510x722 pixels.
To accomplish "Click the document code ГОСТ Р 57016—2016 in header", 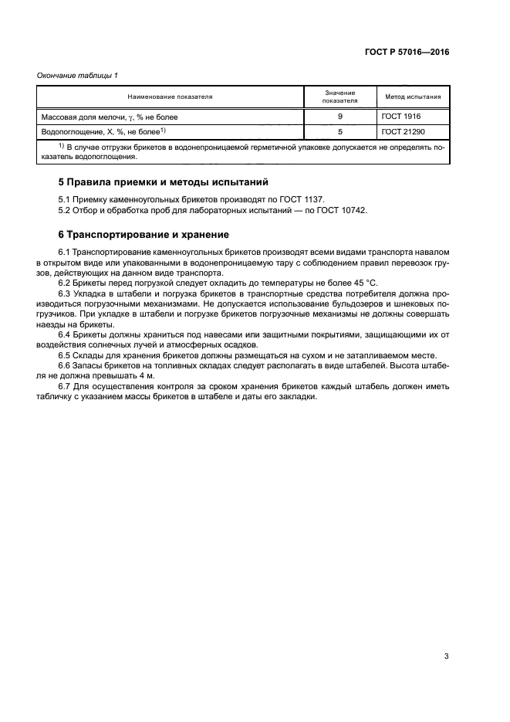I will click(406, 53).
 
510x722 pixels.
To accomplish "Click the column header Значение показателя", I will click(340, 97).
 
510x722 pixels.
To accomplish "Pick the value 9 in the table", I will click(340, 117).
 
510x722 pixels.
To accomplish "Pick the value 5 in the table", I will click(340, 132).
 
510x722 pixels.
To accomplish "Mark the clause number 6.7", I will click(65, 386).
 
